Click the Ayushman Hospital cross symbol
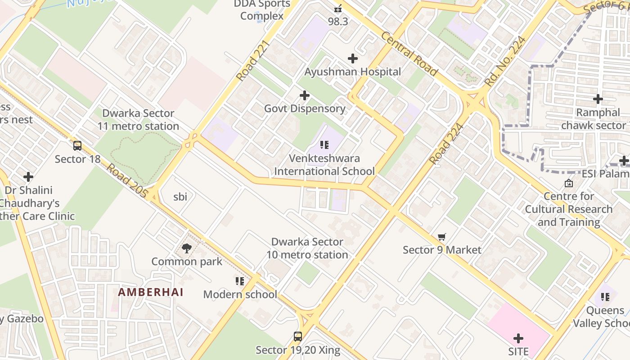click(x=353, y=58)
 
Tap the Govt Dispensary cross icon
click(x=305, y=95)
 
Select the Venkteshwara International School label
click(x=324, y=165)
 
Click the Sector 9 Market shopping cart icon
click(x=442, y=237)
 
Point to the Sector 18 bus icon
click(x=77, y=145)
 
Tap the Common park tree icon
click(x=186, y=248)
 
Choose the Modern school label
click(x=240, y=294)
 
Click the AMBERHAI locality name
click(x=151, y=292)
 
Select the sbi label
click(x=180, y=197)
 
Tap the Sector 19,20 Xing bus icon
click(x=298, y=336)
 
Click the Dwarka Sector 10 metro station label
click(x=307, y=248)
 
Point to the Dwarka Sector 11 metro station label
click(x=138, y=120)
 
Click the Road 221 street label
click(x=252, y=61)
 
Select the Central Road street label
click(x=409, y=54)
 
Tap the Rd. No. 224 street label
click(x=505, y=62)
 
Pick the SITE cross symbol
click(x=518, y=338)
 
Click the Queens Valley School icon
click(x=605, y=297)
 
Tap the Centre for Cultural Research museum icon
click(x=568, y=183)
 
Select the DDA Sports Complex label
click(x=262, y=10)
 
